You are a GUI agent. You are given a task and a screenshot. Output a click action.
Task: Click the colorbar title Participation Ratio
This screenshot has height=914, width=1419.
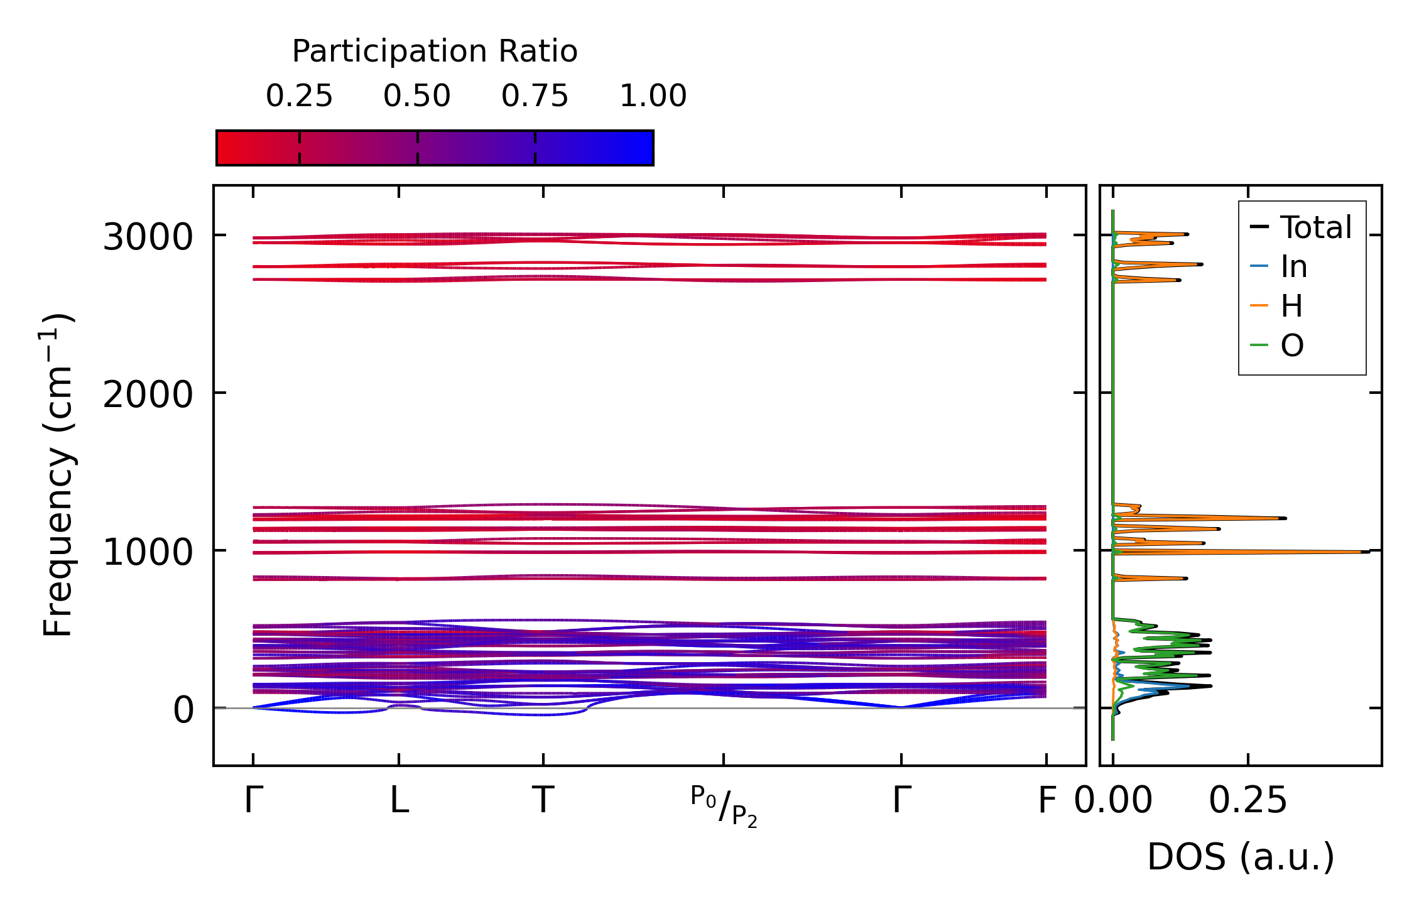[435, 52]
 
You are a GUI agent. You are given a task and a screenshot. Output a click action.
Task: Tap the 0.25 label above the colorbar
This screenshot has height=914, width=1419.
[299, 96]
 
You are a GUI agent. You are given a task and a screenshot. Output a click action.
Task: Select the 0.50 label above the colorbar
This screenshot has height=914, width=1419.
[417, 96]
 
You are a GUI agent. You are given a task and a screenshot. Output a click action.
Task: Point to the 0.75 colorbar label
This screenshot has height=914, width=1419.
[535, 96]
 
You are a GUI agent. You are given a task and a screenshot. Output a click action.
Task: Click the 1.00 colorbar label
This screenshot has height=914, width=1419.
[653, 96]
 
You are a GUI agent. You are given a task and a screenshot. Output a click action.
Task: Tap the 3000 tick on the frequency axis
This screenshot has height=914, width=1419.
[148, 237]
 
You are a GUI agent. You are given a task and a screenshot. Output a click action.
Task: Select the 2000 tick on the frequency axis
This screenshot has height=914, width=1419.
[148, 395]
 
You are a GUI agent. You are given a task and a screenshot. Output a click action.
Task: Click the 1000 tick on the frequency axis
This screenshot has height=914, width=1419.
[148, 553]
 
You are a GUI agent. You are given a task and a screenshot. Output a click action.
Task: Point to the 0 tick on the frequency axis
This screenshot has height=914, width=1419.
[183, 710]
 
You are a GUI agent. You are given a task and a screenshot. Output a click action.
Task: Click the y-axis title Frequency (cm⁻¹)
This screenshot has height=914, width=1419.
[58, 475]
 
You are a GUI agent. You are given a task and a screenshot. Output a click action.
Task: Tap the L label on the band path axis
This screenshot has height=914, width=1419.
[400, 801]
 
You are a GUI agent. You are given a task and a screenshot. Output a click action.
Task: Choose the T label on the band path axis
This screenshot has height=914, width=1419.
[543, 801]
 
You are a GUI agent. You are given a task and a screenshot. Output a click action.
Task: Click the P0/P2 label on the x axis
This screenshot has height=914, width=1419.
[724, 806]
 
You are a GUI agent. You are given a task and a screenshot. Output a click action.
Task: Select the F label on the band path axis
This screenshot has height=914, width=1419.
[1047, 801]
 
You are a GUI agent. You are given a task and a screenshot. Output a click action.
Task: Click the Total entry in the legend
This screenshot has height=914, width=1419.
[1315, 227]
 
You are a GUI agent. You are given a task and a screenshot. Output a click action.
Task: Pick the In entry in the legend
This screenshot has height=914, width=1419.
[1294, 267]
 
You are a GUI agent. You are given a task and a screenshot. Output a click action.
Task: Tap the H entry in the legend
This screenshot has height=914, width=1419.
[1291, 307]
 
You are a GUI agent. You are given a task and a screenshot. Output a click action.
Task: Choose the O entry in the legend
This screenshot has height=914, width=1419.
[1292, 345]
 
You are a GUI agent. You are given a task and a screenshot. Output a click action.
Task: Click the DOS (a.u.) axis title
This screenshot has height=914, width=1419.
[1241, 857]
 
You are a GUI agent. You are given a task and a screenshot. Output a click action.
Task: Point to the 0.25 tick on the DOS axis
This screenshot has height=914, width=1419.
[1248, 801]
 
